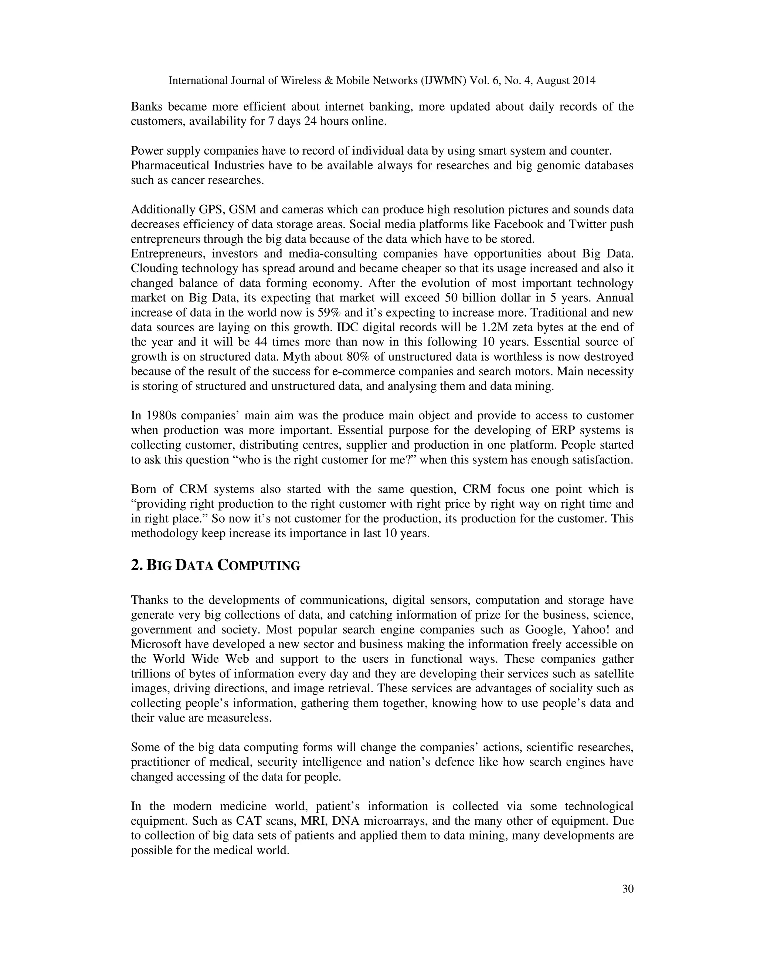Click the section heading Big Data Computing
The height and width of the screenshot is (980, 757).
[215, 565]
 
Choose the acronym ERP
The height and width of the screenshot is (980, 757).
[567, 430]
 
